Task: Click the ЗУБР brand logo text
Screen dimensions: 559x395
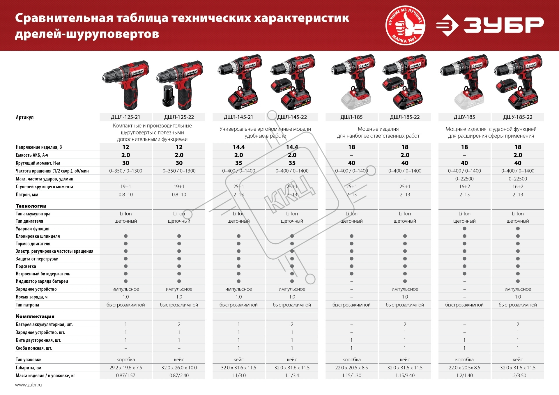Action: (503, 25)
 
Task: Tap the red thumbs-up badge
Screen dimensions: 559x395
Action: (405, 26)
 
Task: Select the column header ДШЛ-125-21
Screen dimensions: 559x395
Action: (125, 117)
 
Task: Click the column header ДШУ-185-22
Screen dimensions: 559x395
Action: (518, 117)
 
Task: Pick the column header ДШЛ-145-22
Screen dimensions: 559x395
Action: (292, 117)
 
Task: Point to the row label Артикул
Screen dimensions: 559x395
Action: (25, 117)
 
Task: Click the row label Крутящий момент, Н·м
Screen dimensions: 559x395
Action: (38, 163)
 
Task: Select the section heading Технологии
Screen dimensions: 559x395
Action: (31, 206)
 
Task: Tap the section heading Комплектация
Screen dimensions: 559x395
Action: (35, 316)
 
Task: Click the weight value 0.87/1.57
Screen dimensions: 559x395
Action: (125, 375)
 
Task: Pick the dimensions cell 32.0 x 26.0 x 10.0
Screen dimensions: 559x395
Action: (179, 368)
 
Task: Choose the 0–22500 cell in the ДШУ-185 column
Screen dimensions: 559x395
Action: (464, 179)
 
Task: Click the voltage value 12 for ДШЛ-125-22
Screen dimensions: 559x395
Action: (179, 147)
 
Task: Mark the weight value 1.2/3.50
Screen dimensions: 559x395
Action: (518, 375)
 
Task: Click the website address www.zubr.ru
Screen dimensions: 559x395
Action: (28, 385)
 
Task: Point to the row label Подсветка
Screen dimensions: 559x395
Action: (26, 266)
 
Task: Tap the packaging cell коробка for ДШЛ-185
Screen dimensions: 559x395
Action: (351, 360)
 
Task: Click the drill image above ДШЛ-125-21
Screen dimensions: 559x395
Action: (126, 85)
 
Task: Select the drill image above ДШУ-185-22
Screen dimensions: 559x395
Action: (518, 82)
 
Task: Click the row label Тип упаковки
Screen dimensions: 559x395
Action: (29, 360)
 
